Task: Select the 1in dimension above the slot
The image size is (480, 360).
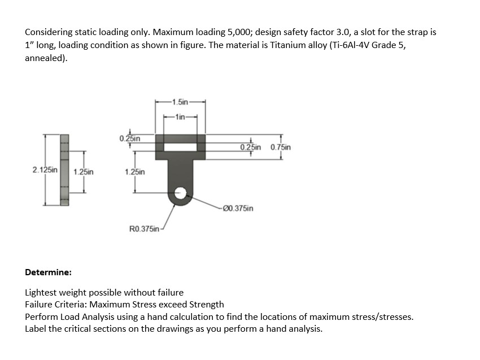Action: pos(180,117)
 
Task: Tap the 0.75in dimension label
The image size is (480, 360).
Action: pos(281,148)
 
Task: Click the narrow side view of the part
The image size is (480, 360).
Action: pos(64,170)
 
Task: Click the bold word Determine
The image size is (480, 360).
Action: pos(48,272)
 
